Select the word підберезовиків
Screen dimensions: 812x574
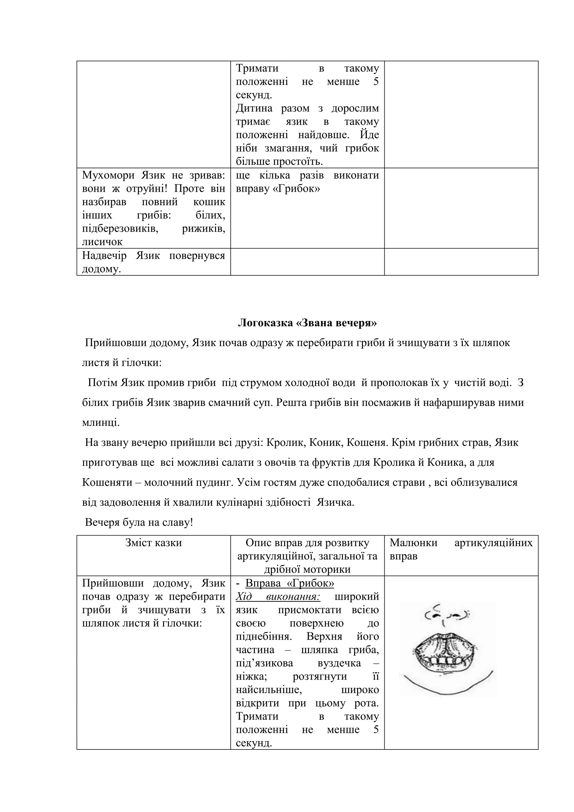click(120, 229)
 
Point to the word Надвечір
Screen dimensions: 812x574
click(104, 255)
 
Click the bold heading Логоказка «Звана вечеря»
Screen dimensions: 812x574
click(307, 323)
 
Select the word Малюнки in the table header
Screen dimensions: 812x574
click(413, 543)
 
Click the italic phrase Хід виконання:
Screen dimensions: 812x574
click(278, 597)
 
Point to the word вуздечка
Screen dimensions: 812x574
click(339, 663)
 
